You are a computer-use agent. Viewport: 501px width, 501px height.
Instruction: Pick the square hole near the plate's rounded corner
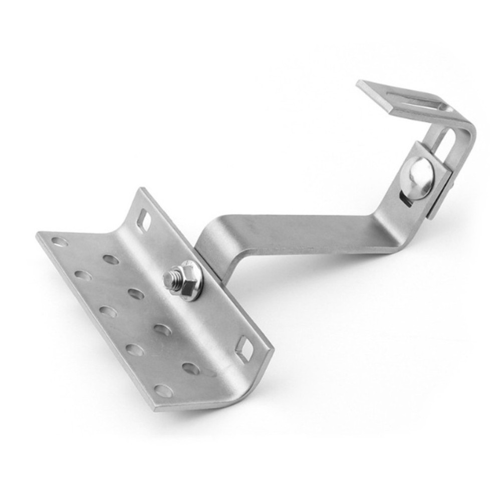point(244,349)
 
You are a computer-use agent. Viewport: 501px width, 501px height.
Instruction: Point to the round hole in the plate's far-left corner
point(59,242)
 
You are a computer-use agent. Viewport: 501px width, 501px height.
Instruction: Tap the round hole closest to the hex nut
point(136,294)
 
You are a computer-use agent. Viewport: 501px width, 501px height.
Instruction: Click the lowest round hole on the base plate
point(163,391)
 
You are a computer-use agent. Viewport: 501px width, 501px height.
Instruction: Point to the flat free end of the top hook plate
point(371,91)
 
